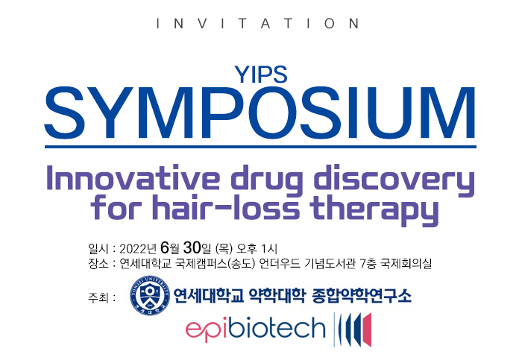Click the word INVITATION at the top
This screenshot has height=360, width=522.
pos(258,24)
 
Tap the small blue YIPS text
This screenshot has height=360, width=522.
pos(261,75)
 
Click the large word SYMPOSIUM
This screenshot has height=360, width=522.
pos(260,113)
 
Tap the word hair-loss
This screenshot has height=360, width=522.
pos(226,207)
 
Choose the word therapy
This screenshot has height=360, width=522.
pos(374,209)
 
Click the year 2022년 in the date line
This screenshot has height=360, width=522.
pos(138,248)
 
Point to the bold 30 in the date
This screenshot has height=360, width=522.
pos(192,248)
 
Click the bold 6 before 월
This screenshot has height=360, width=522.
pos(165,248)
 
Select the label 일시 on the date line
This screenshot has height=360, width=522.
pos(98,248)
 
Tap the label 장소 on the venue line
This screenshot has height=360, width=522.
pos(98,264)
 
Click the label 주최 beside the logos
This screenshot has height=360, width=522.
pos(98,297)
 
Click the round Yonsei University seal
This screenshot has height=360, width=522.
pos(150,295)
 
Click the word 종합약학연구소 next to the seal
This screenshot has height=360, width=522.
pos(362,295)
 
